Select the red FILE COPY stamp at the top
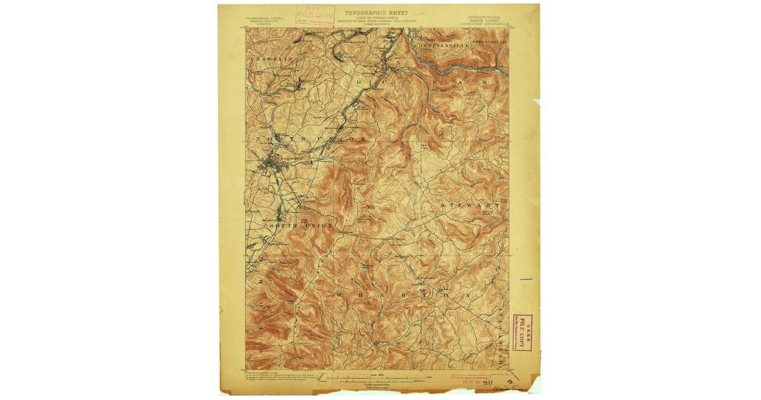[x=315, y=15]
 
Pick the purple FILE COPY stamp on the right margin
[x=523, y=331]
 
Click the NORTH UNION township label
[x=311, y=138]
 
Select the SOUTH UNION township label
[x=301, y=226]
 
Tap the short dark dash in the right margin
[x=526, y=279]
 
